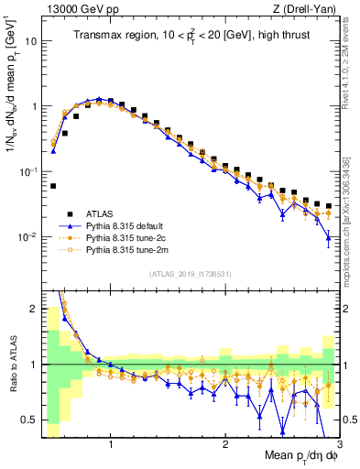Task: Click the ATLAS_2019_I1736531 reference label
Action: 191,273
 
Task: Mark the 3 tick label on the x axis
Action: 338,444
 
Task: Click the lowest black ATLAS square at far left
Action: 53,186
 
